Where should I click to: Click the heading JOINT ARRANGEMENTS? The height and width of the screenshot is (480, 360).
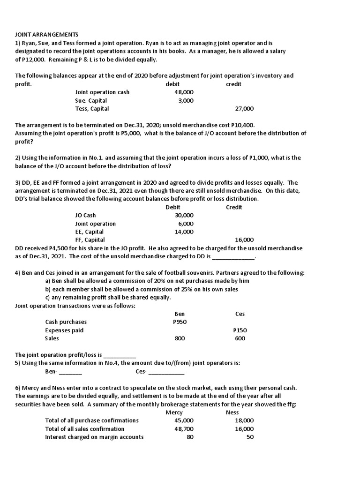[x=47, y=35]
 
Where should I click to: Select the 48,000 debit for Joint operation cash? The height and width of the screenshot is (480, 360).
[x=184, y=92]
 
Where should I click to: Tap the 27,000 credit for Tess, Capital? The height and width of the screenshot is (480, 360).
[x=244, y=109]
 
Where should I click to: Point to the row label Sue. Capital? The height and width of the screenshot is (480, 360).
[x=91, y=101]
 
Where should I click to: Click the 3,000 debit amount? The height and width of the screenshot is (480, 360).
[x=186, y=101]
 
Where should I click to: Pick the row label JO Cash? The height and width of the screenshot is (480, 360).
[x=85, y=216]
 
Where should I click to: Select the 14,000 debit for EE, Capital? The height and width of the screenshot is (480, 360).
[x=184, y=232]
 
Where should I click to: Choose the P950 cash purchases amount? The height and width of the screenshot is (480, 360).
[x=180, y=322]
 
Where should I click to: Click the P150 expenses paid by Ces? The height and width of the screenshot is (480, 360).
[x=240, y=330]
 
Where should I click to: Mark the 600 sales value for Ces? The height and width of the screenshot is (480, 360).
[x=240, y=338]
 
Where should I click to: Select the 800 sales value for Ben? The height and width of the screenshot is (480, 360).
[x=180, y=338]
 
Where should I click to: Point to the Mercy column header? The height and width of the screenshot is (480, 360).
[x=174, y=412]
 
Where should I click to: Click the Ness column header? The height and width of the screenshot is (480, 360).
[x=232, y=412]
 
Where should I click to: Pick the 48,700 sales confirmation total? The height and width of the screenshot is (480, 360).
[x=184, y=429]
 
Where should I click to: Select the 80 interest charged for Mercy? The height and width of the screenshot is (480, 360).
[x=189, y=437]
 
